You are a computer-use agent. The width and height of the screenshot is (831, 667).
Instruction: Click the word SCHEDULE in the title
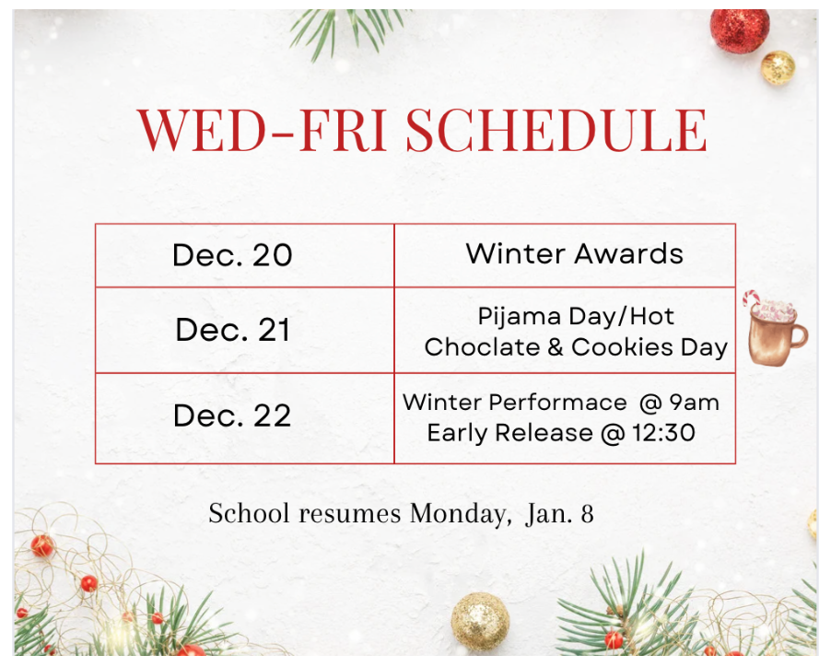556,130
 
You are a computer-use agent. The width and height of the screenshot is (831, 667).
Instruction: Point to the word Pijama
519,317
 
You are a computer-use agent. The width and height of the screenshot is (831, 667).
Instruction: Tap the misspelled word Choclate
482,347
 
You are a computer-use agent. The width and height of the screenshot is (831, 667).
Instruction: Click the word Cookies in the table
623,347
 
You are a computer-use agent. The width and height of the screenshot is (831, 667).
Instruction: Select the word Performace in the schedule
557,403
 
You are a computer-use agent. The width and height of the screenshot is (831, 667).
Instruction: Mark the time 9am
694,403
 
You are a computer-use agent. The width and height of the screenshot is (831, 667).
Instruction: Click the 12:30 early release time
663,433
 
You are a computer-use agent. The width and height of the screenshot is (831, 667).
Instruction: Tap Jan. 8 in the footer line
559,514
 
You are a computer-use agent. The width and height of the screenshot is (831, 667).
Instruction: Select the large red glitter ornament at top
740,30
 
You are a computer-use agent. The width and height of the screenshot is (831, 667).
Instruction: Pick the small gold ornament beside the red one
778,67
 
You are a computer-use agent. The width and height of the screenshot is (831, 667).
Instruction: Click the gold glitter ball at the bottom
480,622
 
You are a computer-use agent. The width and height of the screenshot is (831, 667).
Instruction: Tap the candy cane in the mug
752,298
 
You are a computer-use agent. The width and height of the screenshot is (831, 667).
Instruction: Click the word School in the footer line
249,513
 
